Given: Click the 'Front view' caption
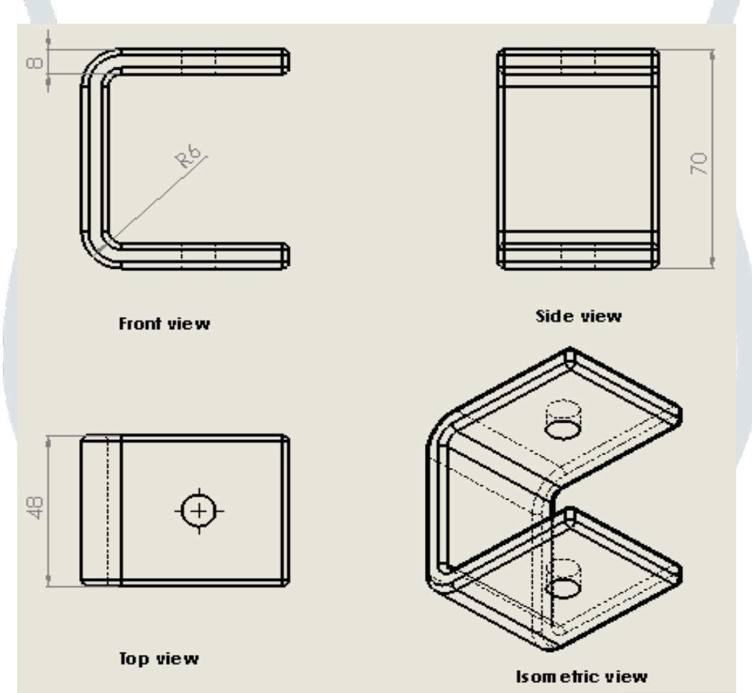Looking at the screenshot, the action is [164, 323].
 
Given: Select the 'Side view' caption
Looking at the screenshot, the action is [579, 316].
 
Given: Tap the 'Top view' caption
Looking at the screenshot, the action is [159, 658].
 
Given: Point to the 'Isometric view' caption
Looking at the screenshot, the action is [582, 676].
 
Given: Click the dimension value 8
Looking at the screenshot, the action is [35, 63].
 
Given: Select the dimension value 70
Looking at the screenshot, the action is [699, 163].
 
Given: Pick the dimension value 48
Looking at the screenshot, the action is [36, 508].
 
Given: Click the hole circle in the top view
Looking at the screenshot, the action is [199, 511].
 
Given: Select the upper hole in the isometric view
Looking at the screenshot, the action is [563, 428].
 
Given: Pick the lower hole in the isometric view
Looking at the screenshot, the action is [563, 588].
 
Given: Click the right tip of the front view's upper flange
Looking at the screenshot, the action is [289, 61].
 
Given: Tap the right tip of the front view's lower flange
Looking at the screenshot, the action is [289, 256].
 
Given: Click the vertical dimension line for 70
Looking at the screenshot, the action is [712, 159].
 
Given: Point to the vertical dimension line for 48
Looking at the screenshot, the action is [48, 511].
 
